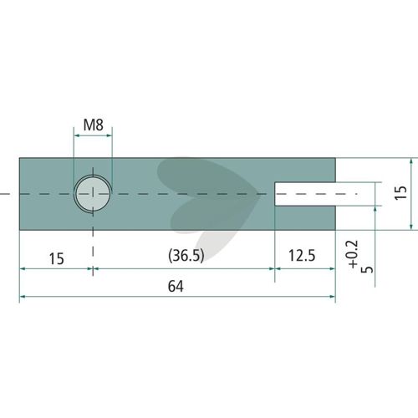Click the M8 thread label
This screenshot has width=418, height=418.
[x=94, y=125]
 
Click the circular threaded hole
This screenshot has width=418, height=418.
[x=93, y=193]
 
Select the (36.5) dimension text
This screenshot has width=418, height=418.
[x=186, y=255]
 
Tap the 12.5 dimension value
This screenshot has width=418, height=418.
[x=302, y=256]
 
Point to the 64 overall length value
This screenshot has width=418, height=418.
[x=176, y=286]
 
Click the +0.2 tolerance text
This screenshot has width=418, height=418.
[x=353, y=254]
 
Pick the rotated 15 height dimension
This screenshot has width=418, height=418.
[x=400, y=192]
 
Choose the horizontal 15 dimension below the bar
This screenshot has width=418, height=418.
[x=57, y=258]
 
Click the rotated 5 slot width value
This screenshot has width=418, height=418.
[x=367, y=269]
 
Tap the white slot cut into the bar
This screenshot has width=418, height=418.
[x=305, y=194]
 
